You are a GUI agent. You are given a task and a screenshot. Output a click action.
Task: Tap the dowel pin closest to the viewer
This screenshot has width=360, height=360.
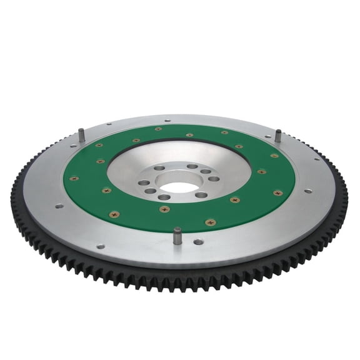pyautogui.click(x=177, y=235)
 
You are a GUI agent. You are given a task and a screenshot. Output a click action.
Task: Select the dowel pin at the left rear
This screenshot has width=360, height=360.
pyautogui.click(x=82, y=134)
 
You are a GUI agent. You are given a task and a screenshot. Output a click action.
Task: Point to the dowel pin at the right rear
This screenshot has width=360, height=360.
pyautogui.click(x=278, y=136)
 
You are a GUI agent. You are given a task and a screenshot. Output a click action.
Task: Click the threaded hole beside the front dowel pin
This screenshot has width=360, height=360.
pyautogui.click(x=198, y=241)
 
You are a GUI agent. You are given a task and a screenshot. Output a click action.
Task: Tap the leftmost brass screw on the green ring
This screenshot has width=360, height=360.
pyautogui.click(x=74, y=178)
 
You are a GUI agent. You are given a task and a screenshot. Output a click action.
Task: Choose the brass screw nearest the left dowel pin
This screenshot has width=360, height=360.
pyautogui.click(x=99, y=145)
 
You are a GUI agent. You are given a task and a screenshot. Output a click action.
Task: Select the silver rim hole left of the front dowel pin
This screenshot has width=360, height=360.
pyautogui.click(x=101, y=246)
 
